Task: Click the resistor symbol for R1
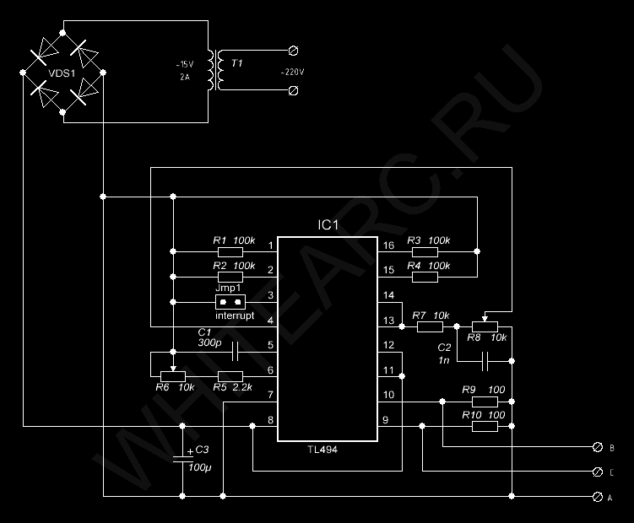(x=230, y=252)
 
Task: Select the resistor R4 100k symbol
(x=425, y=277)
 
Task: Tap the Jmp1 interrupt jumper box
(x=230, y=302)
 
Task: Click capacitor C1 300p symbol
(x=235, y=352)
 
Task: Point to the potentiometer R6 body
(x=173, y=377)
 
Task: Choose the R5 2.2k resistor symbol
(x=230, y=377)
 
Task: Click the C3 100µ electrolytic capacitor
(x=182, y=458)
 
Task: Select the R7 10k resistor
(x=430, y=326)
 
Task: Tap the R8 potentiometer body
(x=485, y=326)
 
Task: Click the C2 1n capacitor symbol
(x=485, y=361)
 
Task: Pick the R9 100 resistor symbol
(x=485, y=402)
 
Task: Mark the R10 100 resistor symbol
(x=485, y=426)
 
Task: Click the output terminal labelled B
(x=597, y=447)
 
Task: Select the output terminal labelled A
(x=597, y=497)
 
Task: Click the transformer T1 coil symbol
(x=215, y=70)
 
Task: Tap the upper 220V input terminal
(x=294, y=51)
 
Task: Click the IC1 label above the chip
(x=328, y=225)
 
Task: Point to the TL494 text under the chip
(x=322, y=450)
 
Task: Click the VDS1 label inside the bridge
(x=62, y=73)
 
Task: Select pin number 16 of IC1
(x=388, y=245)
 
